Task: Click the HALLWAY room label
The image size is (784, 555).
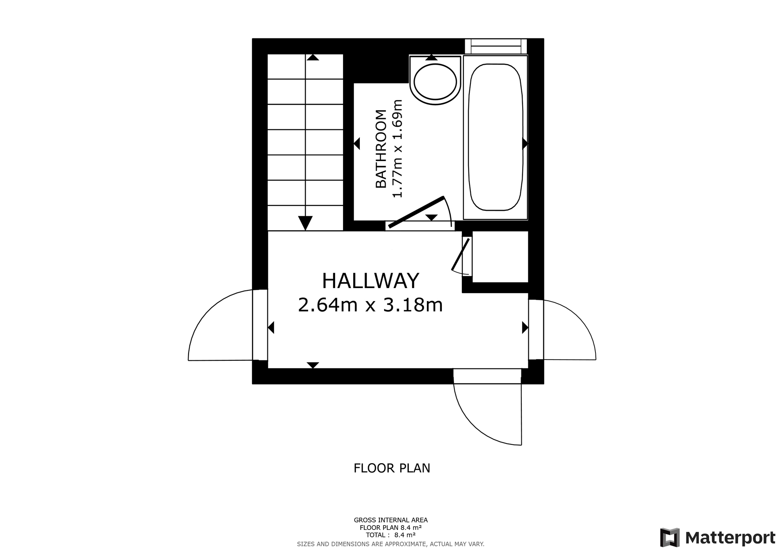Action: click(x=370, y=281)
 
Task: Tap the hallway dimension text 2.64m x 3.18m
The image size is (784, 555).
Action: click(x=370, y=305)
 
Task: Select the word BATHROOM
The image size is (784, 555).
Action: click(x=381, y=149)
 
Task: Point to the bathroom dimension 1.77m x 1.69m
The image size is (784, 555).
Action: click(x=397, y=149)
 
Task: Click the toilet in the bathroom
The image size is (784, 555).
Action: click(x=435, y=80)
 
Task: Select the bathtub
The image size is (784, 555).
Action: click(x=495, y=137)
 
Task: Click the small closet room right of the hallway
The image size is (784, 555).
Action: click(x=500, y=256)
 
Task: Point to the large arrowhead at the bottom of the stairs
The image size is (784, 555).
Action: click(x=305, y=223)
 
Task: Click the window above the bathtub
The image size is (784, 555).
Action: click(x=495, y=46)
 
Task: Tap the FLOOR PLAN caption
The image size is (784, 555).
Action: click(x=392, y=468)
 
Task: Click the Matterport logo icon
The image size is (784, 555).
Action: click(x=670, y=538)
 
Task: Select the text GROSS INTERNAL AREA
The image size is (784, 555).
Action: click(x=391, y=520)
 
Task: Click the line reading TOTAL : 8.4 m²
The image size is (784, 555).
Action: click(x=391, y=535)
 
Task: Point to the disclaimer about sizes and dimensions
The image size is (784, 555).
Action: click(x=391, y=544)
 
